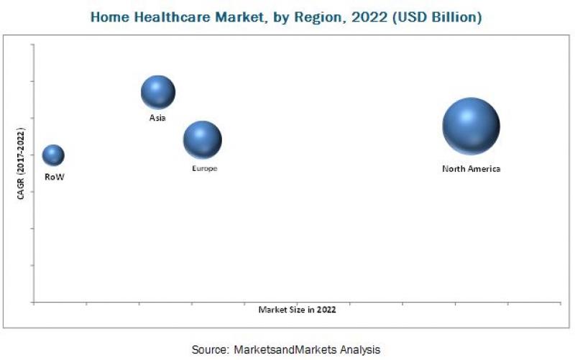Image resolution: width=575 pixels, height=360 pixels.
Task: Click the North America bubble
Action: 471,126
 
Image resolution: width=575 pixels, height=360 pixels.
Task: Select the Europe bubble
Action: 202,139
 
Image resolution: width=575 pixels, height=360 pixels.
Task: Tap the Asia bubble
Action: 158,92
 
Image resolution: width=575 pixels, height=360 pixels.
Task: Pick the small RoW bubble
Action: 53,154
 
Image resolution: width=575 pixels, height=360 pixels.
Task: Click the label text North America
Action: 471,169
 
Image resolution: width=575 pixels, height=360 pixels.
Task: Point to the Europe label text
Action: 204,168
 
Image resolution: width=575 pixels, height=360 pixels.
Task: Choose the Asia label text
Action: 157,118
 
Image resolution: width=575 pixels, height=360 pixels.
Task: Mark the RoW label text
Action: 54,176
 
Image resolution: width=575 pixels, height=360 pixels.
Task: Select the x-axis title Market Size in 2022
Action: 297,310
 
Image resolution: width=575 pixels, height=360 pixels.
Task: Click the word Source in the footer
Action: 208,349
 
